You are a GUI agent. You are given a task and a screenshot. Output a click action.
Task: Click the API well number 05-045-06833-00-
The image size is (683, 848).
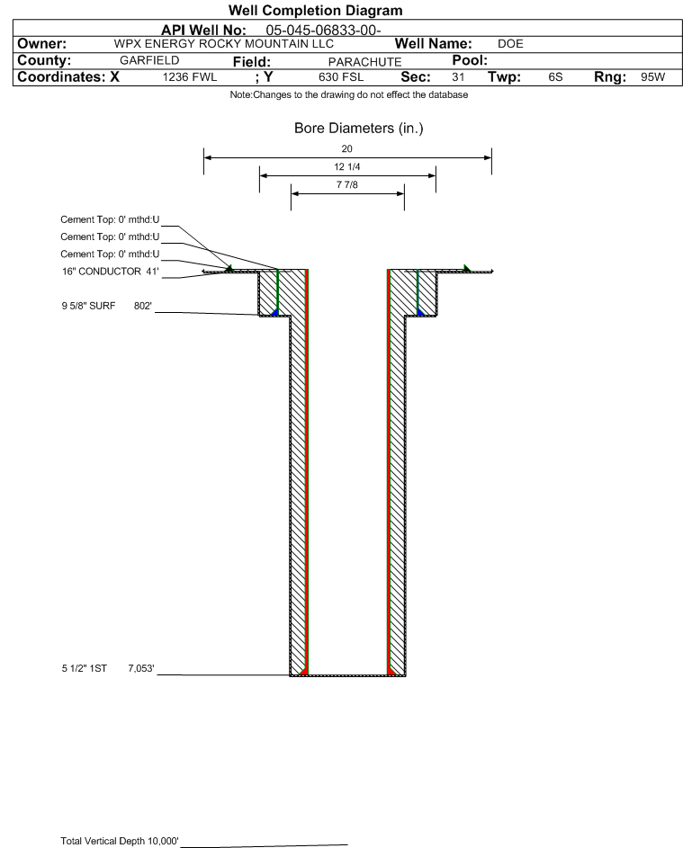[323, 31]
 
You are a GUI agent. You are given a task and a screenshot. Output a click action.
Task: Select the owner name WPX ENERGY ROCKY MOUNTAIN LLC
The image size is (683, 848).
[223, 44]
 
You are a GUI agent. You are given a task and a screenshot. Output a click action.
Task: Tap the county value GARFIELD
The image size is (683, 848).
[149, 60]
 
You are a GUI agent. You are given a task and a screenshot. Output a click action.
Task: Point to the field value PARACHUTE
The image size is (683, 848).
[364, 62]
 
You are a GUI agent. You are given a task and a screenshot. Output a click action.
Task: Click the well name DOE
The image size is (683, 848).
[510, 44]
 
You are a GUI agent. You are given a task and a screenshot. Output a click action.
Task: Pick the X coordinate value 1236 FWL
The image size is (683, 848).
[189, 76]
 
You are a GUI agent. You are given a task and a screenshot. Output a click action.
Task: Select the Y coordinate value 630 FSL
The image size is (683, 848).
[341, 76]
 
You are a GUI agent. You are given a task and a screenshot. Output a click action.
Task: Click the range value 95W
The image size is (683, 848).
[652, 76]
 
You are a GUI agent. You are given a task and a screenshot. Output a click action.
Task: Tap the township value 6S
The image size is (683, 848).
[555, 76]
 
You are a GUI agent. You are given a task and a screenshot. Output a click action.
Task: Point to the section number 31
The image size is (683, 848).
[458, 76]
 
